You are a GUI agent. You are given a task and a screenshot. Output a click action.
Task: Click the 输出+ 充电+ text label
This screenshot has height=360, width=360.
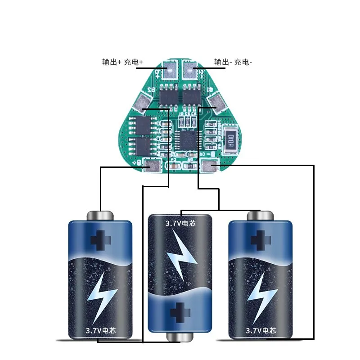point(122,63)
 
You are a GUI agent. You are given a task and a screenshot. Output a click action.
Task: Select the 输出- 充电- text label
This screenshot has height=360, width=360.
point(233,63)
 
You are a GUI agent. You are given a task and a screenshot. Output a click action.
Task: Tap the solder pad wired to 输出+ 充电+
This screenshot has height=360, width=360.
point(171,70)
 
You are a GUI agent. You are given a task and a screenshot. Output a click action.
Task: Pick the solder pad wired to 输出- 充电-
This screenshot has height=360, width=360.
point(190,70)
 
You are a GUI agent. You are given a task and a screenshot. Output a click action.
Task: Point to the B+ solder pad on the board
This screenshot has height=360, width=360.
point(152,167)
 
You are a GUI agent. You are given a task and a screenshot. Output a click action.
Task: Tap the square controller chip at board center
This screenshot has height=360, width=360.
point(187,138)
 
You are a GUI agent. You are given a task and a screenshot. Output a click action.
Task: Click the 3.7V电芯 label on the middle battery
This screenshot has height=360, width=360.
point(180,222)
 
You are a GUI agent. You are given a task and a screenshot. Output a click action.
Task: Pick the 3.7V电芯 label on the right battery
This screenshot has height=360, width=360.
point(261,330)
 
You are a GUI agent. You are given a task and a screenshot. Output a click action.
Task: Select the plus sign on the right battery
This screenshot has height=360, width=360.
point(260,239)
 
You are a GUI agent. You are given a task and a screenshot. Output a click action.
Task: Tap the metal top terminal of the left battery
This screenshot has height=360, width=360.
point(100,215)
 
